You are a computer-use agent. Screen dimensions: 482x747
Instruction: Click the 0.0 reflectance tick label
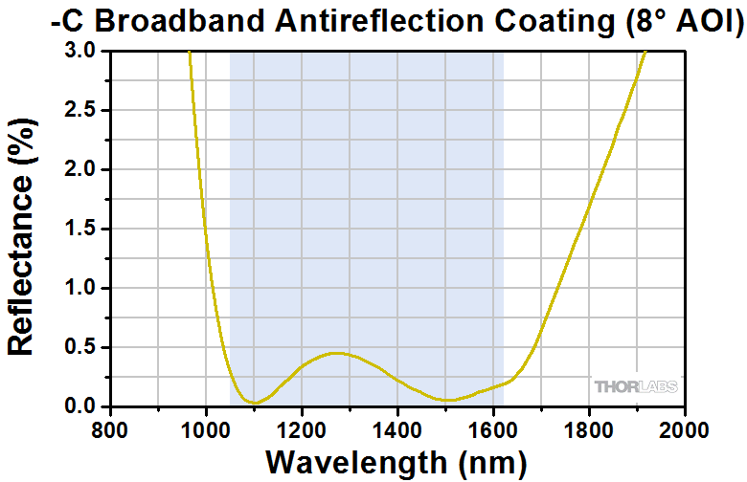(x=79, y=406)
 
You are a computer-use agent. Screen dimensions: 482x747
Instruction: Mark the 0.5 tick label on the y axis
(x=79, y=347)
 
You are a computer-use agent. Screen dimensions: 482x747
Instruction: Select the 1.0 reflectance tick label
(x=79, y=288)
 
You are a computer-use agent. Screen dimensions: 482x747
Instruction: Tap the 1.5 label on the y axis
(x=79, y=229)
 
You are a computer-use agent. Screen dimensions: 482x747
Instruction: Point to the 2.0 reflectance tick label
(x=79, y=169)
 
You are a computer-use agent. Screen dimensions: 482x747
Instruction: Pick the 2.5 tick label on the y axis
(x=79, y=110)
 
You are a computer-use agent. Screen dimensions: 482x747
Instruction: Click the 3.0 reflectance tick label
(x=79, y=51)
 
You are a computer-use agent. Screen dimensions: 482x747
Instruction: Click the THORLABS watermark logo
(x=636, y=387)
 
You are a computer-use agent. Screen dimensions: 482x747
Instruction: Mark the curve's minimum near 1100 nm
(x=253, y=403)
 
